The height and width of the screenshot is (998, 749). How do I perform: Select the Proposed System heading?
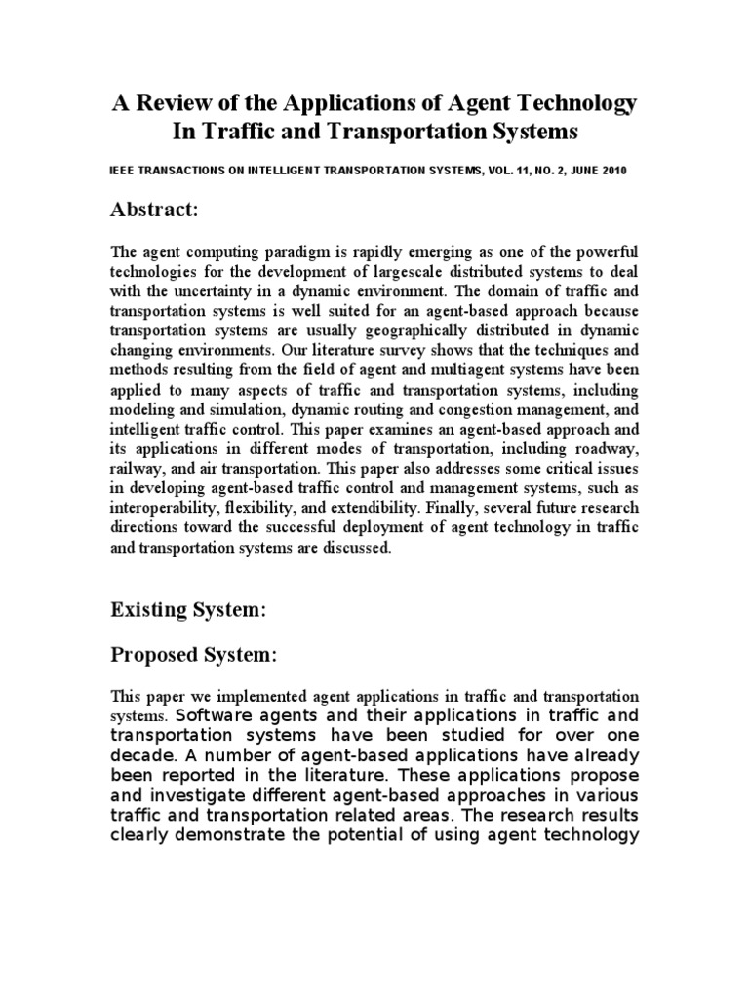click(194, 656)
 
